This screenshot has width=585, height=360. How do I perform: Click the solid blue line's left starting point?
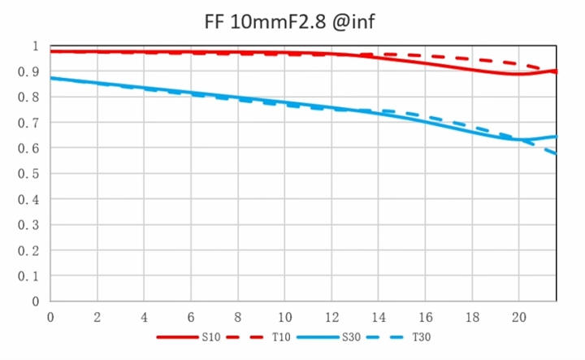coord(51,78)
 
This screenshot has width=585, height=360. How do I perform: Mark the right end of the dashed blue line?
coord(557,154)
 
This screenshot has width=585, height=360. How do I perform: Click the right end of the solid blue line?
coord(557,136)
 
